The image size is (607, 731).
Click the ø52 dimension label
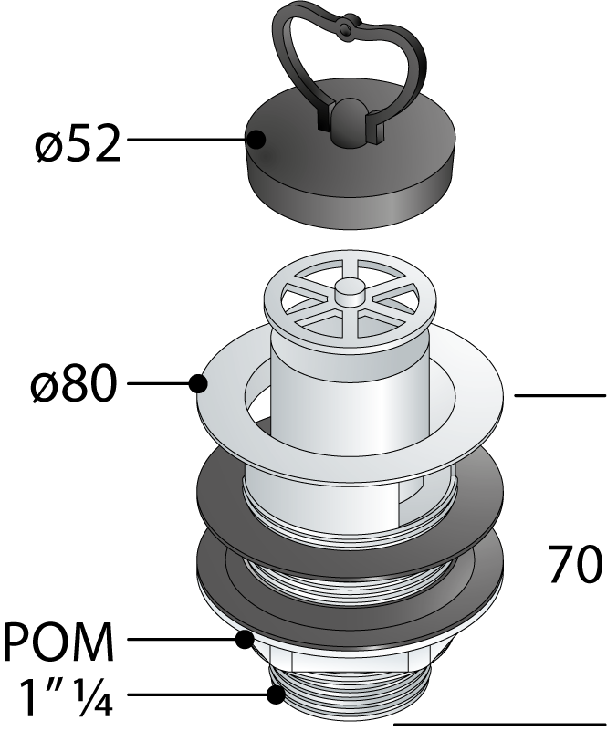[x=78, y=143]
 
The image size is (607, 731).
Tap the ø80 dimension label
[x=72, y=383]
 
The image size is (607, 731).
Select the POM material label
[x=58, y=641]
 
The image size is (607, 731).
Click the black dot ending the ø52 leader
[x=256, y=140]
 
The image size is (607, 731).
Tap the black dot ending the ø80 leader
[x=198, y=383]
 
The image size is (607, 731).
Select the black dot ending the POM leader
[x=245, y=639]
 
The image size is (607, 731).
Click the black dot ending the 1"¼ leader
[x=276, y=695]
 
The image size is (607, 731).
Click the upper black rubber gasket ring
[x=351, y=504]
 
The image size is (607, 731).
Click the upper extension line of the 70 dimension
[x=560, y=395]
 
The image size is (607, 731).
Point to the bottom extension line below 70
[x=500, y=726]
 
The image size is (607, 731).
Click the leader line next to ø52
[x=187, y=139]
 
